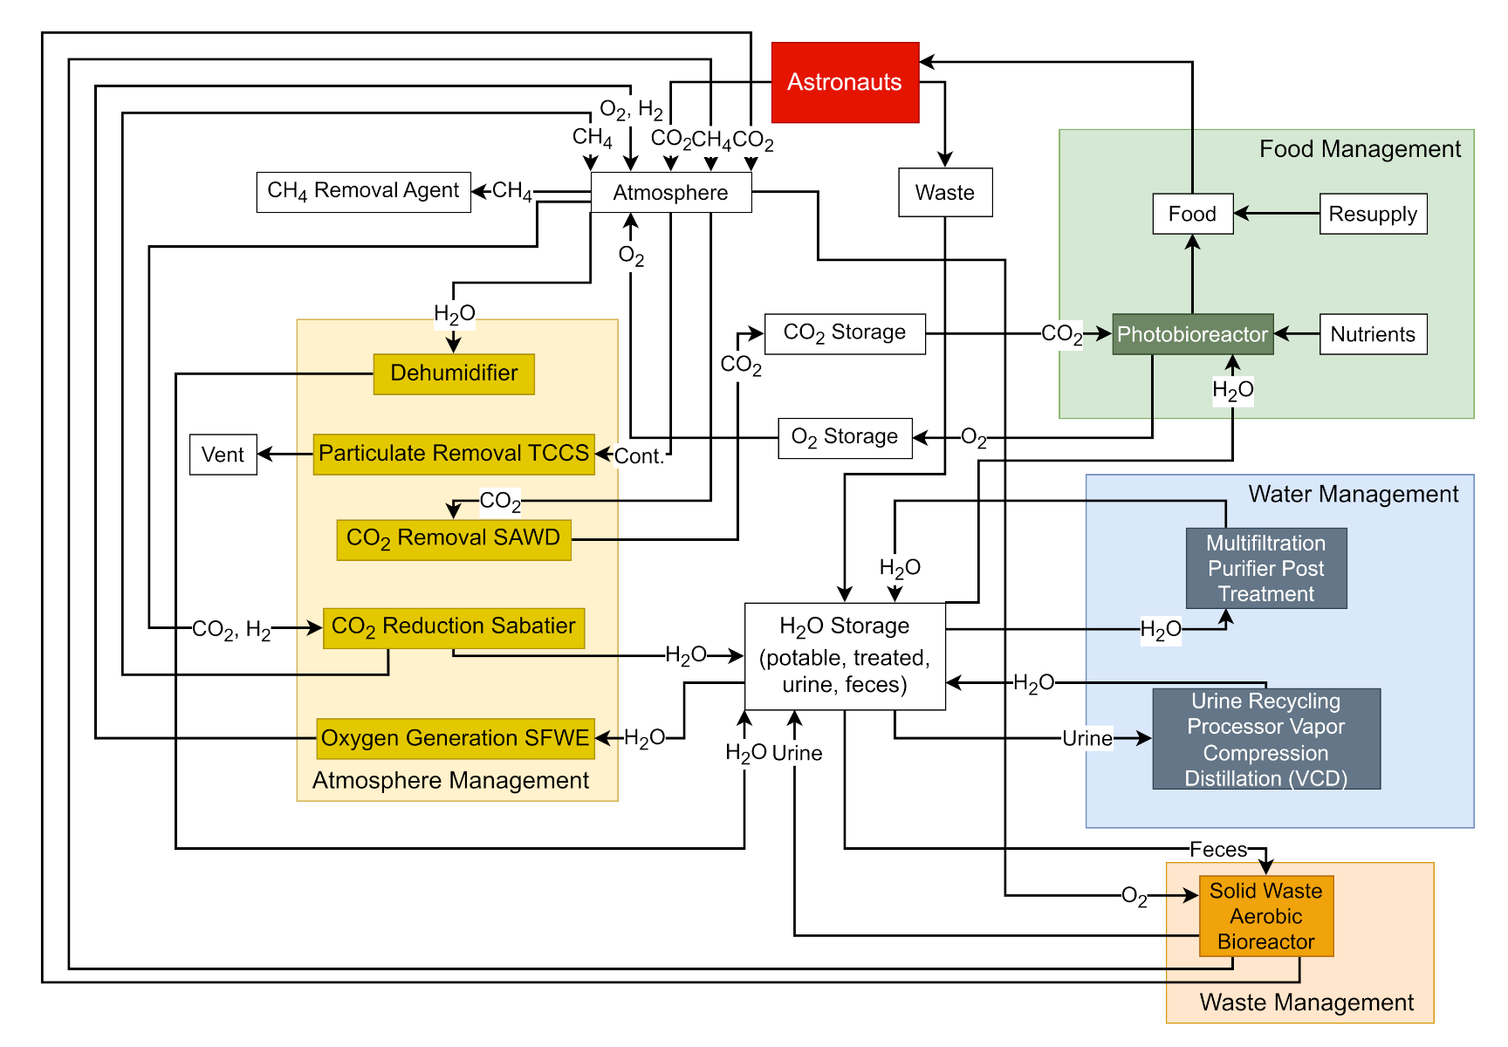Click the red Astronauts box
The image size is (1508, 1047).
pos(845,83)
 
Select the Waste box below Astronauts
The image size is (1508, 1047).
pos(945,193)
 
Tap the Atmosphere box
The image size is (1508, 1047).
pos(670,193)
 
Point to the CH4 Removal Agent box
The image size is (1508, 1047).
pos(363,192)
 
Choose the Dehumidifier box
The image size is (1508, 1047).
pos(454,374)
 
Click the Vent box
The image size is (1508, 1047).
pos(223,455)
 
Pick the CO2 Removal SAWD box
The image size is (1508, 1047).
pos(454,539)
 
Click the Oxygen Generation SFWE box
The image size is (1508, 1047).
pos(455,739)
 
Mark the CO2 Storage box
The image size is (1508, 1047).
pos(845,334)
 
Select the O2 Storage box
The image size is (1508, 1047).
pos(845,438)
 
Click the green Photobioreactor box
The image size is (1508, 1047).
pos(1192,334)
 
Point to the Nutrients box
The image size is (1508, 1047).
pos(1373,334)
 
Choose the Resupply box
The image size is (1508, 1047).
pos(1373,214)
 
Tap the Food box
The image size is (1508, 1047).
pos(1192,214)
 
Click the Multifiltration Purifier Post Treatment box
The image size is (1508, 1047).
pos(1266,568)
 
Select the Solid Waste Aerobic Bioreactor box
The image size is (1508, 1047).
pos(1266,916)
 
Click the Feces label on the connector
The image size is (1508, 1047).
pos(1218,850)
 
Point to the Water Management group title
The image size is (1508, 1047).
pos(1353,495)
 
